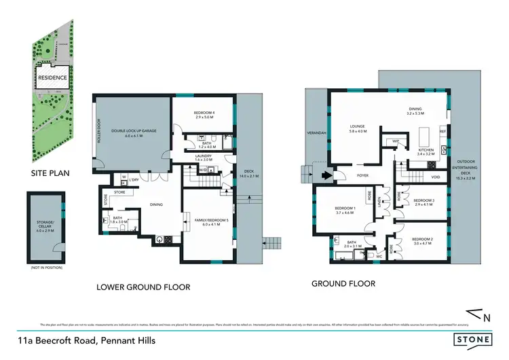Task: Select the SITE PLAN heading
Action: [x=50, y=173]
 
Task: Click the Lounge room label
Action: [x=358, y=128]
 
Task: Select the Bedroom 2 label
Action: [x=421, y=241]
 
